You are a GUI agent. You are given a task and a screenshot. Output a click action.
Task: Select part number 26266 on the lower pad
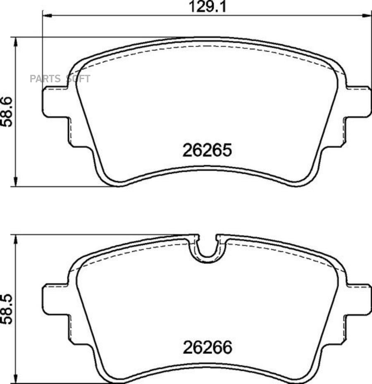pyautogui.click(x=207, y=348)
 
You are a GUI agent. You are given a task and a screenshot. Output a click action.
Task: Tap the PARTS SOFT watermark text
pyautogui.click(x=60, y=79)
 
